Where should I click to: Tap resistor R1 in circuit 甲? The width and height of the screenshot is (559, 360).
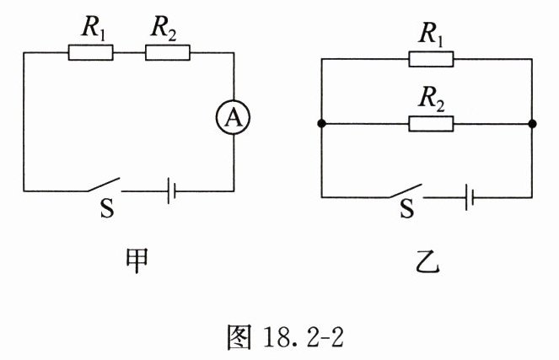(x=89, y=53)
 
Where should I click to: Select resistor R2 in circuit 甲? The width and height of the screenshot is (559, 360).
(x=168, y=53)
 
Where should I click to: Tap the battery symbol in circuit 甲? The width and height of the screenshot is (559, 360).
(x=171, y=190)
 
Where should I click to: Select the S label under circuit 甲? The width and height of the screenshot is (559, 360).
(x=106, y=209)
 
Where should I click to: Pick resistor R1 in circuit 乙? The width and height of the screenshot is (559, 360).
(x=431, y=58)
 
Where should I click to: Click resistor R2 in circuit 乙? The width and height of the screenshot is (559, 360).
(x=431, y=125)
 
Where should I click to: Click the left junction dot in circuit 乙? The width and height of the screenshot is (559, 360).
(x=321, y=125)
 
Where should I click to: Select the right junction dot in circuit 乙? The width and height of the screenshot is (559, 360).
(x=532, y=125)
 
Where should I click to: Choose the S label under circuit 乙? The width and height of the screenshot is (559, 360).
(x=407, y=211)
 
